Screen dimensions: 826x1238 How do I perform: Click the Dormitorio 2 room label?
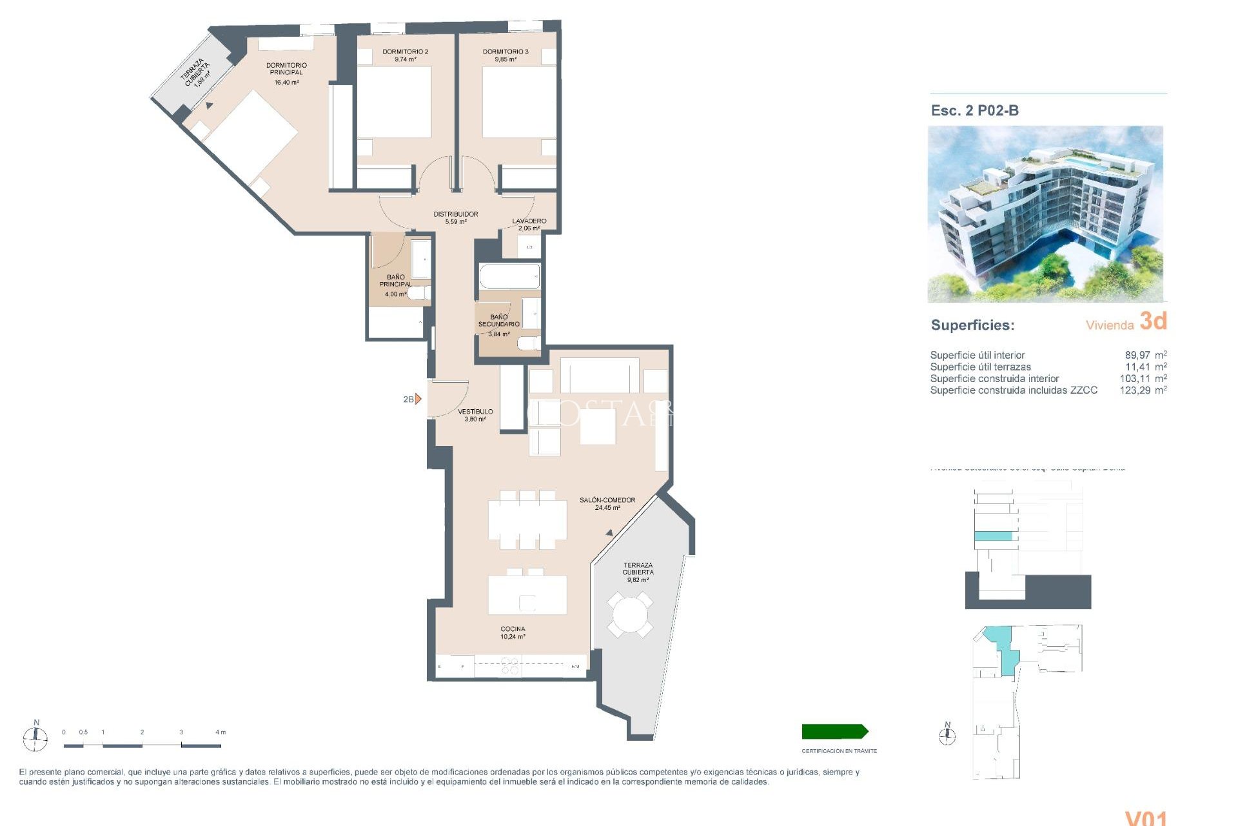pos(405,52)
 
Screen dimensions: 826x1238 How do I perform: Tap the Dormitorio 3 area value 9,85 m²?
pos(505,59)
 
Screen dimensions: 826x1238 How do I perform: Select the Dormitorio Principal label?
pos(286,69)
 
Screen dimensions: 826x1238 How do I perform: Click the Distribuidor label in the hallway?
pos(455,214)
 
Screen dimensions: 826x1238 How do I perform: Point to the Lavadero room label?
pos(529,221)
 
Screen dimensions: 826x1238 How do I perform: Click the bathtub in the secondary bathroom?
pos(509,277)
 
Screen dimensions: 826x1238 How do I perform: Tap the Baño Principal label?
pos(395,281)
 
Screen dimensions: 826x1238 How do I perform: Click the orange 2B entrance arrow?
pos(418,399)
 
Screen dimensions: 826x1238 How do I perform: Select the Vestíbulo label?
pos(475,412)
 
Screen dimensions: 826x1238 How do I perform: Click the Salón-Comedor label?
pos(607,500)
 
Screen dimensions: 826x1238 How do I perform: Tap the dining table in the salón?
pos(527,520)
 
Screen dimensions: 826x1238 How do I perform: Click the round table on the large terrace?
pos(629,614)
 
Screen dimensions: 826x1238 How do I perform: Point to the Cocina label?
pos(513,629)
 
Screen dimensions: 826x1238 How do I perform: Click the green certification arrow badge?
pos(834,731)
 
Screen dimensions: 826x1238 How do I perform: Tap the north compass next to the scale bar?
pos(35,737)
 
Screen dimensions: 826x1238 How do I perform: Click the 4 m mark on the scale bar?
pos(220,732)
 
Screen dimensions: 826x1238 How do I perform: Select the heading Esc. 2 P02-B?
pos(974,110)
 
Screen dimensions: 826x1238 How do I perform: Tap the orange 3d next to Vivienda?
pos(1153,321)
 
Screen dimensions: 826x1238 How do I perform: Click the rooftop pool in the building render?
pos(1086,161)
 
